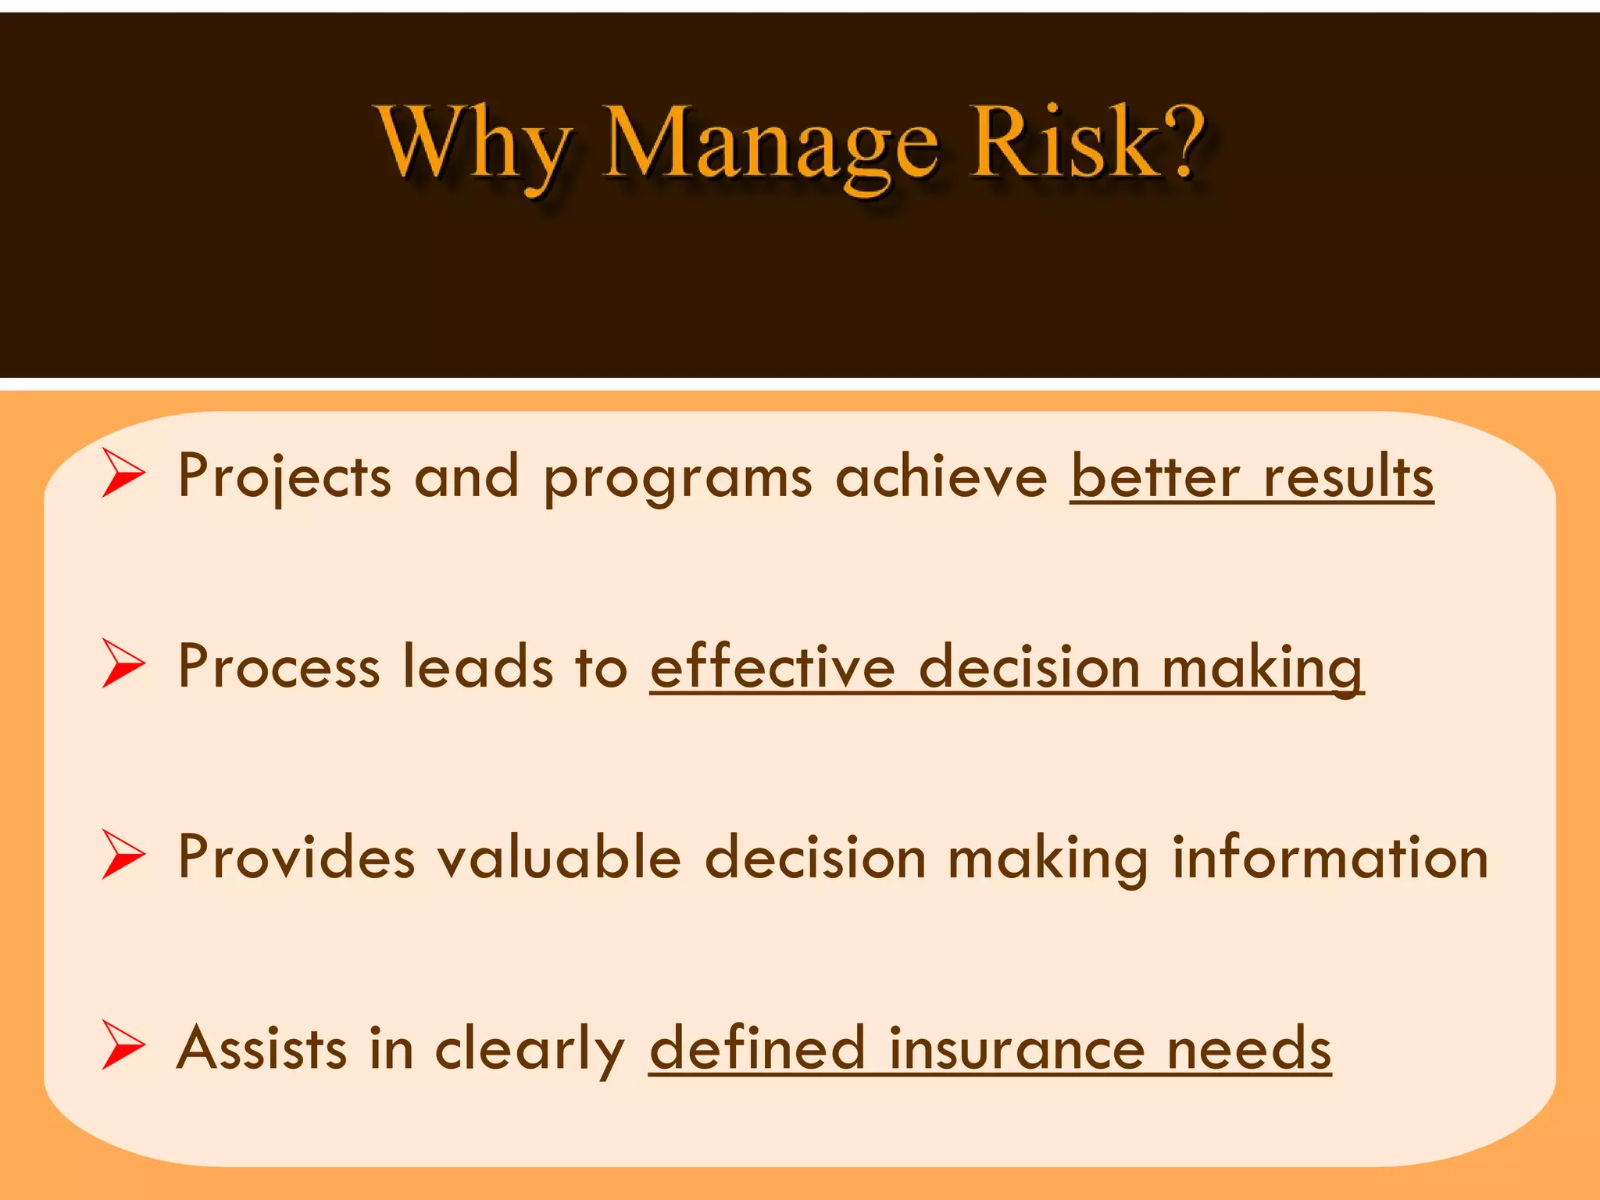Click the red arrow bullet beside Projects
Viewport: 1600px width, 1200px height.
123,473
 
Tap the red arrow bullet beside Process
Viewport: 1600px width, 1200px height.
123,664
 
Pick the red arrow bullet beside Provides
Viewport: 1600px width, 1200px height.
123,855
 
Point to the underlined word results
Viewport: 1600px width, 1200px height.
1348,477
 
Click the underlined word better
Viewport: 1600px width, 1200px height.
1155,477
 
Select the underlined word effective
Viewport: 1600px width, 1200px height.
772,667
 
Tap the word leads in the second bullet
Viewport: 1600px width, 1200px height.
477,667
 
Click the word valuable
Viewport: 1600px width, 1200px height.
559,858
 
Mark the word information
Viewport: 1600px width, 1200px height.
1330,858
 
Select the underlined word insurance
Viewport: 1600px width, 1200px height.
1016,1048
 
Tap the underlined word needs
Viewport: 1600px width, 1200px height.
1248,1048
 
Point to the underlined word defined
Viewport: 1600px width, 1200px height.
757,1048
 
